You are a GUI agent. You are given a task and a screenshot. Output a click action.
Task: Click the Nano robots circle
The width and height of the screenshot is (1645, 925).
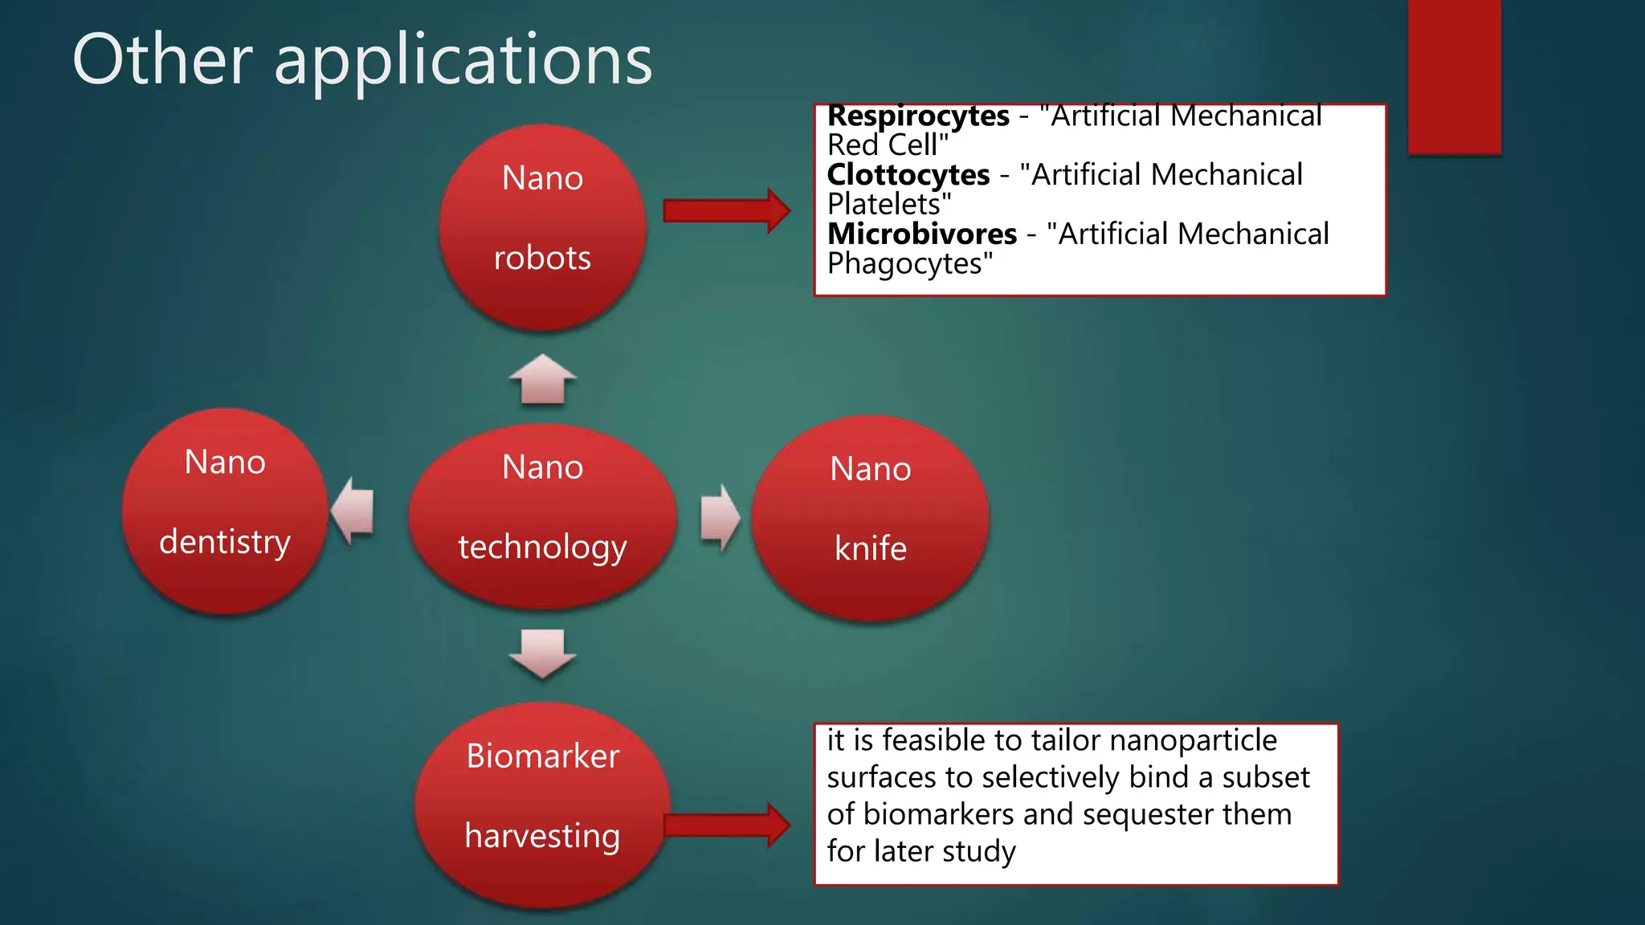543,227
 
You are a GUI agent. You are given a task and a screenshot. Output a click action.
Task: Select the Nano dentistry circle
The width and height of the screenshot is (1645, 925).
225,511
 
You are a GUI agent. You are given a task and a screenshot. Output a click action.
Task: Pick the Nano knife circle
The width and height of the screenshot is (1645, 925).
870,519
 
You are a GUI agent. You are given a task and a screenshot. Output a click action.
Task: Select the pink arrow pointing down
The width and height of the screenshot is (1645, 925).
543,653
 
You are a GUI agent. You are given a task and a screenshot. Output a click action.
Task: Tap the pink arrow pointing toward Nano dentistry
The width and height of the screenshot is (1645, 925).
354,511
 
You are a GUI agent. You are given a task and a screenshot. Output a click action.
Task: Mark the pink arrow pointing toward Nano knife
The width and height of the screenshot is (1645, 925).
720,518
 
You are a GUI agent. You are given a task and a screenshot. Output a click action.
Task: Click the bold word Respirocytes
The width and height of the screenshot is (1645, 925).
918,116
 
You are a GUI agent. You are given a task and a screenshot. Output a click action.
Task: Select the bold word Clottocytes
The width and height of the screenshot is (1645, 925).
908,175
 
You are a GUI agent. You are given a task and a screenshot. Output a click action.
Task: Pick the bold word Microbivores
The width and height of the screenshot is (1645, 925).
922,234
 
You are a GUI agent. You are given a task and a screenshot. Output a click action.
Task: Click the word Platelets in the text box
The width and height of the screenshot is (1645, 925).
884,205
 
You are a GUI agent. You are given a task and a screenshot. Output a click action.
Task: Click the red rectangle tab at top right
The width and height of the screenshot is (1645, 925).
1454,76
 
